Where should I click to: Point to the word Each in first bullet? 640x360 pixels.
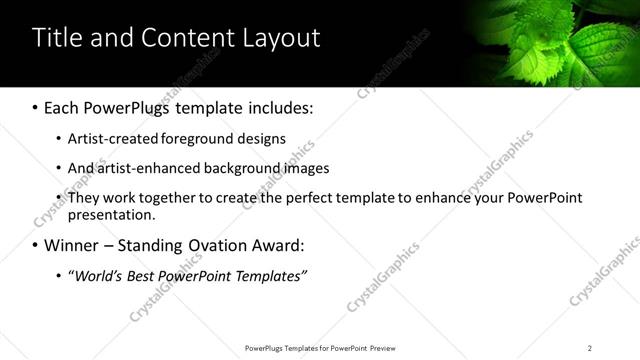[62, 106]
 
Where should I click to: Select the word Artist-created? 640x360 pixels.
[109, 138]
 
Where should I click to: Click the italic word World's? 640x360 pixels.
[97, 275]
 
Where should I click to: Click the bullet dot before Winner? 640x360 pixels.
[35, 245]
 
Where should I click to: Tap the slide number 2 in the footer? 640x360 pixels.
[589, 347]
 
